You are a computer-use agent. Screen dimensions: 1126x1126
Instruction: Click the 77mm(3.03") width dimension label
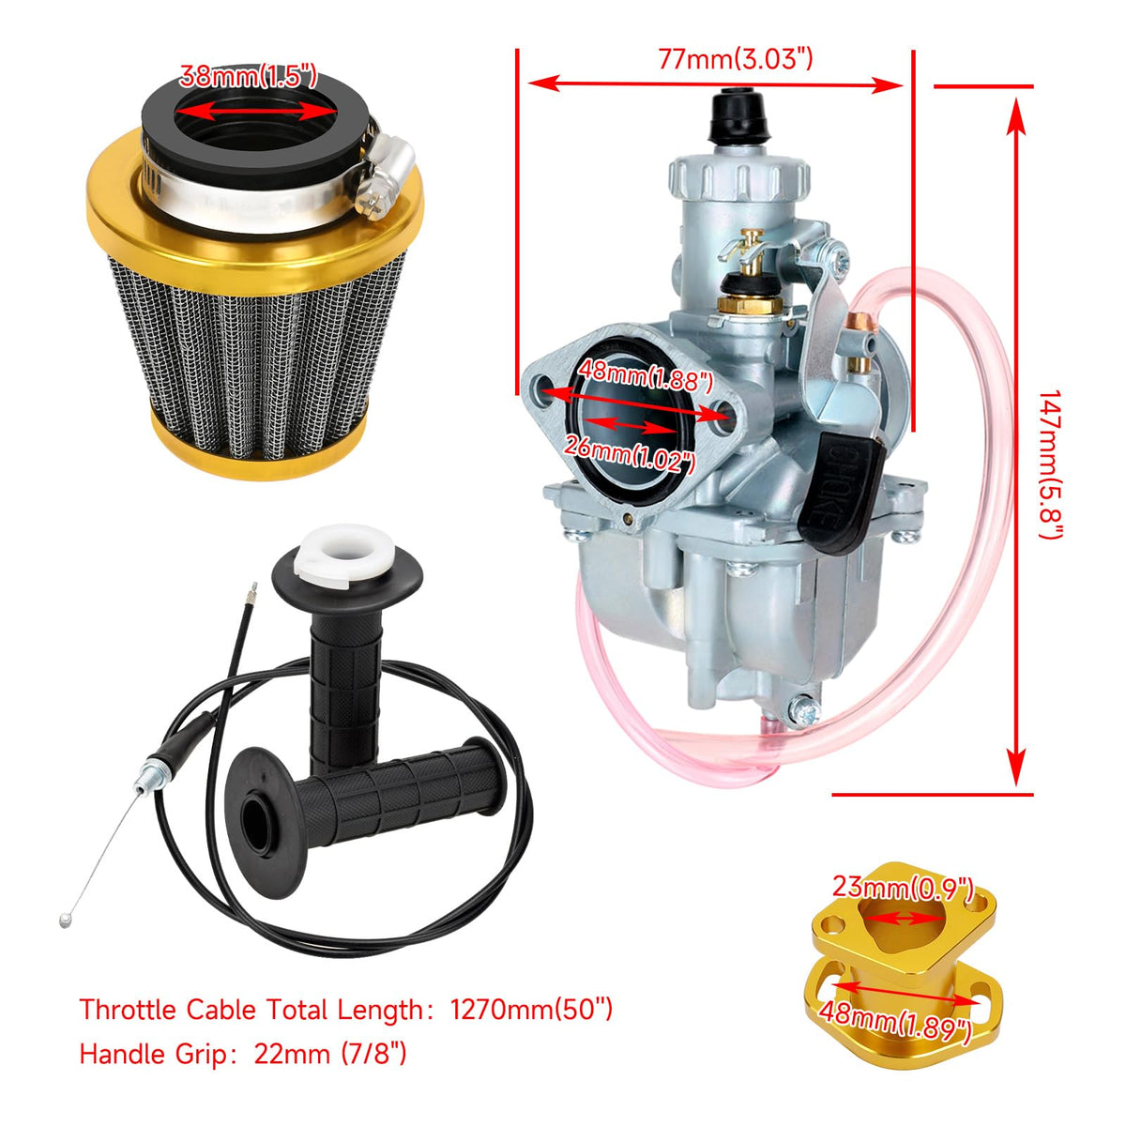pos(735,59)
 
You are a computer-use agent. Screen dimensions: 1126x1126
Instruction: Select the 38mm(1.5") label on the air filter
pos(249,76)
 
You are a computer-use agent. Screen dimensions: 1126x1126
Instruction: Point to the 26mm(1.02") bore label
pos(630,454)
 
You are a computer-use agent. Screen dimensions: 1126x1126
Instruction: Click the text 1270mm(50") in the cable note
pos(531,1010)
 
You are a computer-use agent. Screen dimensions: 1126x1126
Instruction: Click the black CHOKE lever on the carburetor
pos(840,493)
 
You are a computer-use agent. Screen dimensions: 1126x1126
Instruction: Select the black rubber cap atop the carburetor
pos(738,116)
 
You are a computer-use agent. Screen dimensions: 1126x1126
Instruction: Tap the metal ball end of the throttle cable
pos(65,921)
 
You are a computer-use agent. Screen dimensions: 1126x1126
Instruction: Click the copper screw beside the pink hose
pos(859,320)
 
